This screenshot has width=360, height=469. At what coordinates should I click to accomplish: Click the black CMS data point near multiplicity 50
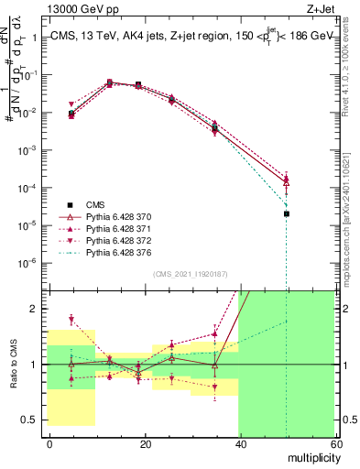287,213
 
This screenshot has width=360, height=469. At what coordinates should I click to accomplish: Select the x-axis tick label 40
241,443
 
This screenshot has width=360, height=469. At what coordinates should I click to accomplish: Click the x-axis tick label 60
336,443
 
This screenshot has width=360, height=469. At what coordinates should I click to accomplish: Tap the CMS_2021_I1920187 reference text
190,274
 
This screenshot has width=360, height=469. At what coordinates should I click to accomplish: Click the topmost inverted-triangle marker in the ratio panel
71,319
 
